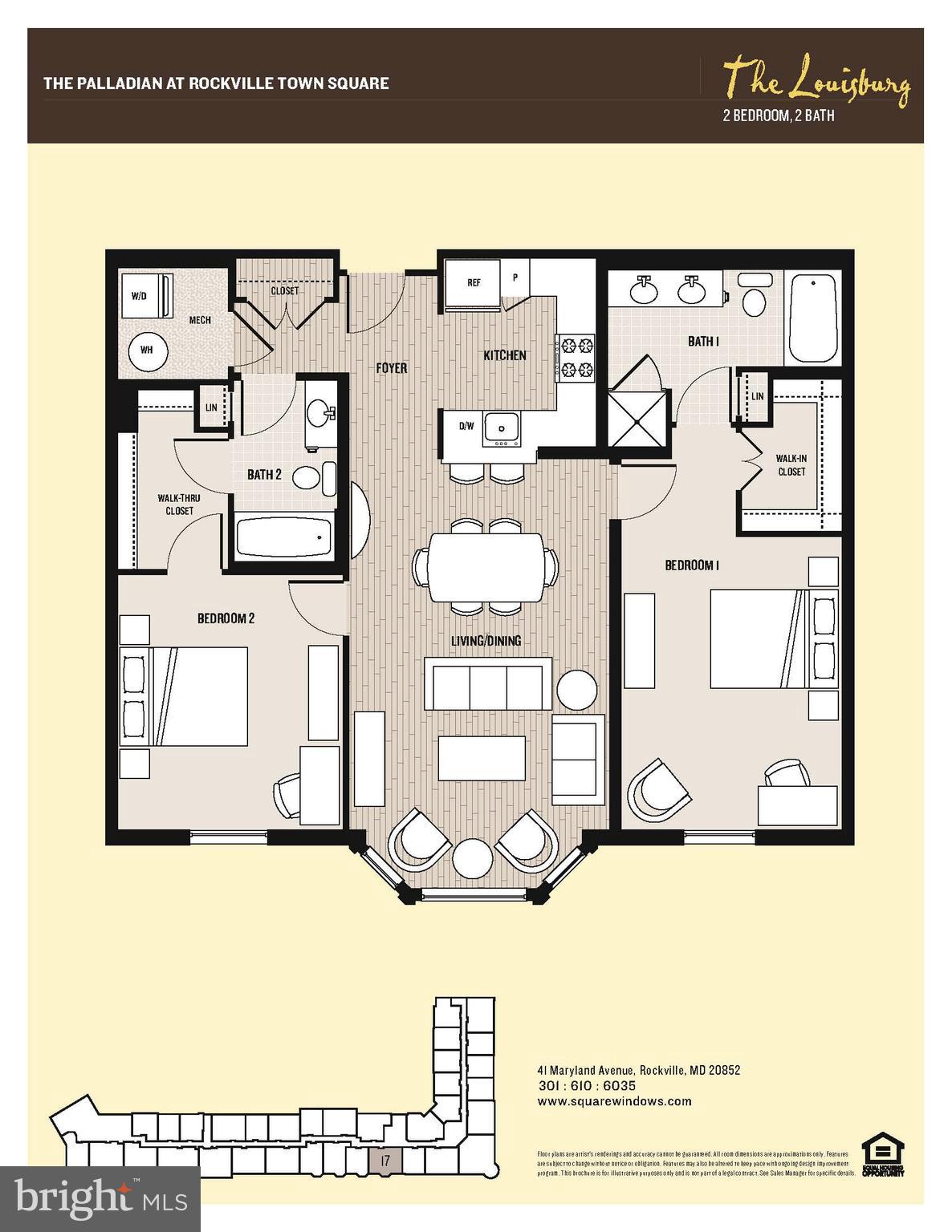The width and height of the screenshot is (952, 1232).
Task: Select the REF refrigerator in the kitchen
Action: tap(473, 284)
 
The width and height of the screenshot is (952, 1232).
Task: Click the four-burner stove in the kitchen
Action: tap(576, 357)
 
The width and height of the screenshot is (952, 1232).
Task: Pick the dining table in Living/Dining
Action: tap(485, 568)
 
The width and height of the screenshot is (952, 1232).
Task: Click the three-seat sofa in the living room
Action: tap(487, 683)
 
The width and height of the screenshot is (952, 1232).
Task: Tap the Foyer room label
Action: tap(393, 368)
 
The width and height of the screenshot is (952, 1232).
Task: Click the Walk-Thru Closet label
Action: tap(179, 504)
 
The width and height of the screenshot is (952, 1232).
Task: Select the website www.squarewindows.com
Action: tap(613, 1101)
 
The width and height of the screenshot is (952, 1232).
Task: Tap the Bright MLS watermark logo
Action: tap(101, 1199)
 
